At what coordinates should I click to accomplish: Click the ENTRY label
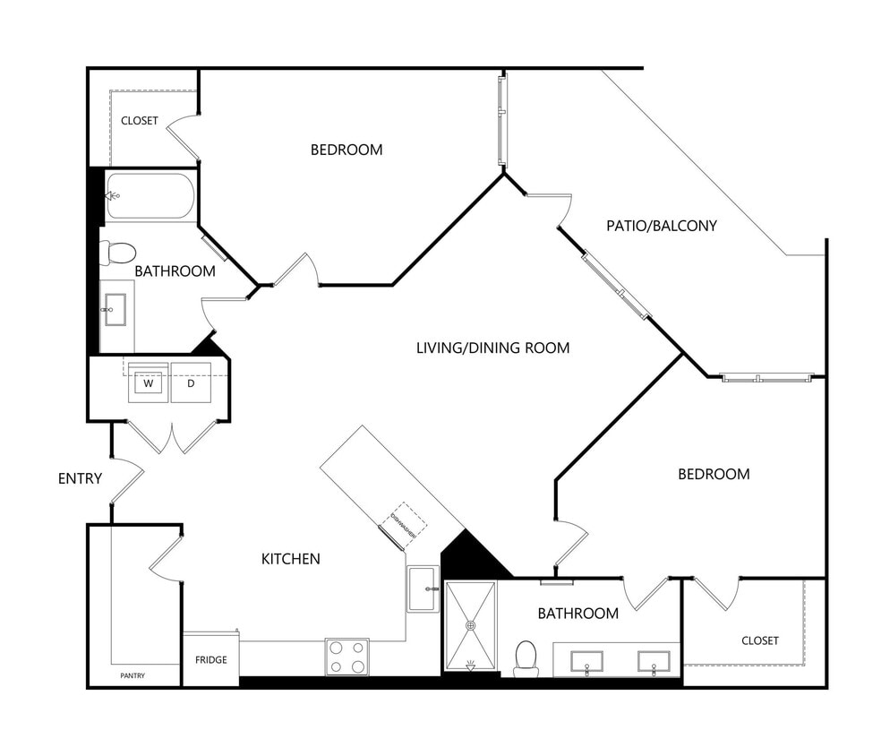click(x=80, y=478)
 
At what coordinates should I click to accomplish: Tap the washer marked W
click(x=149, y=383)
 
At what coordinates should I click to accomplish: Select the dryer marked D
click(x=190, y=383)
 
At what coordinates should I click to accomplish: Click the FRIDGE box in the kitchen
click(x=210, y=660)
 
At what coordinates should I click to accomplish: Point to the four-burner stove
click(x=346, y=656)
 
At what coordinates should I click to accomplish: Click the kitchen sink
click(x=423, y=588)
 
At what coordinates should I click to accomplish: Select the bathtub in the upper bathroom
click(x=150, y=196)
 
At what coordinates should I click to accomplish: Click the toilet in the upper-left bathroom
click(x=118, y=253)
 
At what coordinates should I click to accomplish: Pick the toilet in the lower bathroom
click(x=526, y=657)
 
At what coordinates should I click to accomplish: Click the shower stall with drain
click(x=470, y=625)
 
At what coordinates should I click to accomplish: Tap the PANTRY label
click(x=132, y=675)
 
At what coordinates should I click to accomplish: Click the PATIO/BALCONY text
click(x=661, y=226)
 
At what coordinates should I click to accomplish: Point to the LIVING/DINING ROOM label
click(x=492, y=348)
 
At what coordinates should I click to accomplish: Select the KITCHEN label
click(x=290, y=559)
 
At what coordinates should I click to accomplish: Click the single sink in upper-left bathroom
click(x=115, y=310)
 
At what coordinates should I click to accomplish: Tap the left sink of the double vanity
click(x=586, y=663)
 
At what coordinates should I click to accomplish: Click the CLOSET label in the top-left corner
click(x=140, y=121)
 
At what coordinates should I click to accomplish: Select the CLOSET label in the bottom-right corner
click(x=759, y=640)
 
